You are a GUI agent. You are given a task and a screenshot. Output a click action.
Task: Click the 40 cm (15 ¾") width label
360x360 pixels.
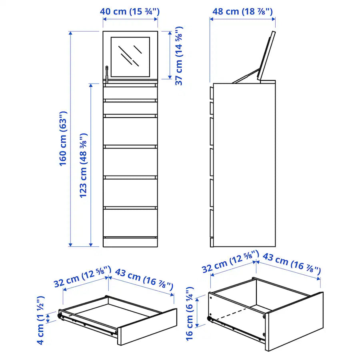[x=130, y=12]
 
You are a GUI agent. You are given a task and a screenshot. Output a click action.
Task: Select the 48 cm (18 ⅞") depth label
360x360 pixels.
[x=242, y=12]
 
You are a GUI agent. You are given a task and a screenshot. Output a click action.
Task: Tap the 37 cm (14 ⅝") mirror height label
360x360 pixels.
[x=179, y=56]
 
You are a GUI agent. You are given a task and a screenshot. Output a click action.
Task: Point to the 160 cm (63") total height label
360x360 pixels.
[x=63, y=138]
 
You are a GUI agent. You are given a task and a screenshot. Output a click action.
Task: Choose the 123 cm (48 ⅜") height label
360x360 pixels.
[x=84, y=165]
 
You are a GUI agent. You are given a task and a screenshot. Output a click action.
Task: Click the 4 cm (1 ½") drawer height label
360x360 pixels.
[x=41, y=320]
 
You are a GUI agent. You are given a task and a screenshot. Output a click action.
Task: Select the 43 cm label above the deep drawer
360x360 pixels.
[x=292, y=264]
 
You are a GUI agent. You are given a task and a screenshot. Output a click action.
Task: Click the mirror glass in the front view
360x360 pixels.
[x=130, y=57]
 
